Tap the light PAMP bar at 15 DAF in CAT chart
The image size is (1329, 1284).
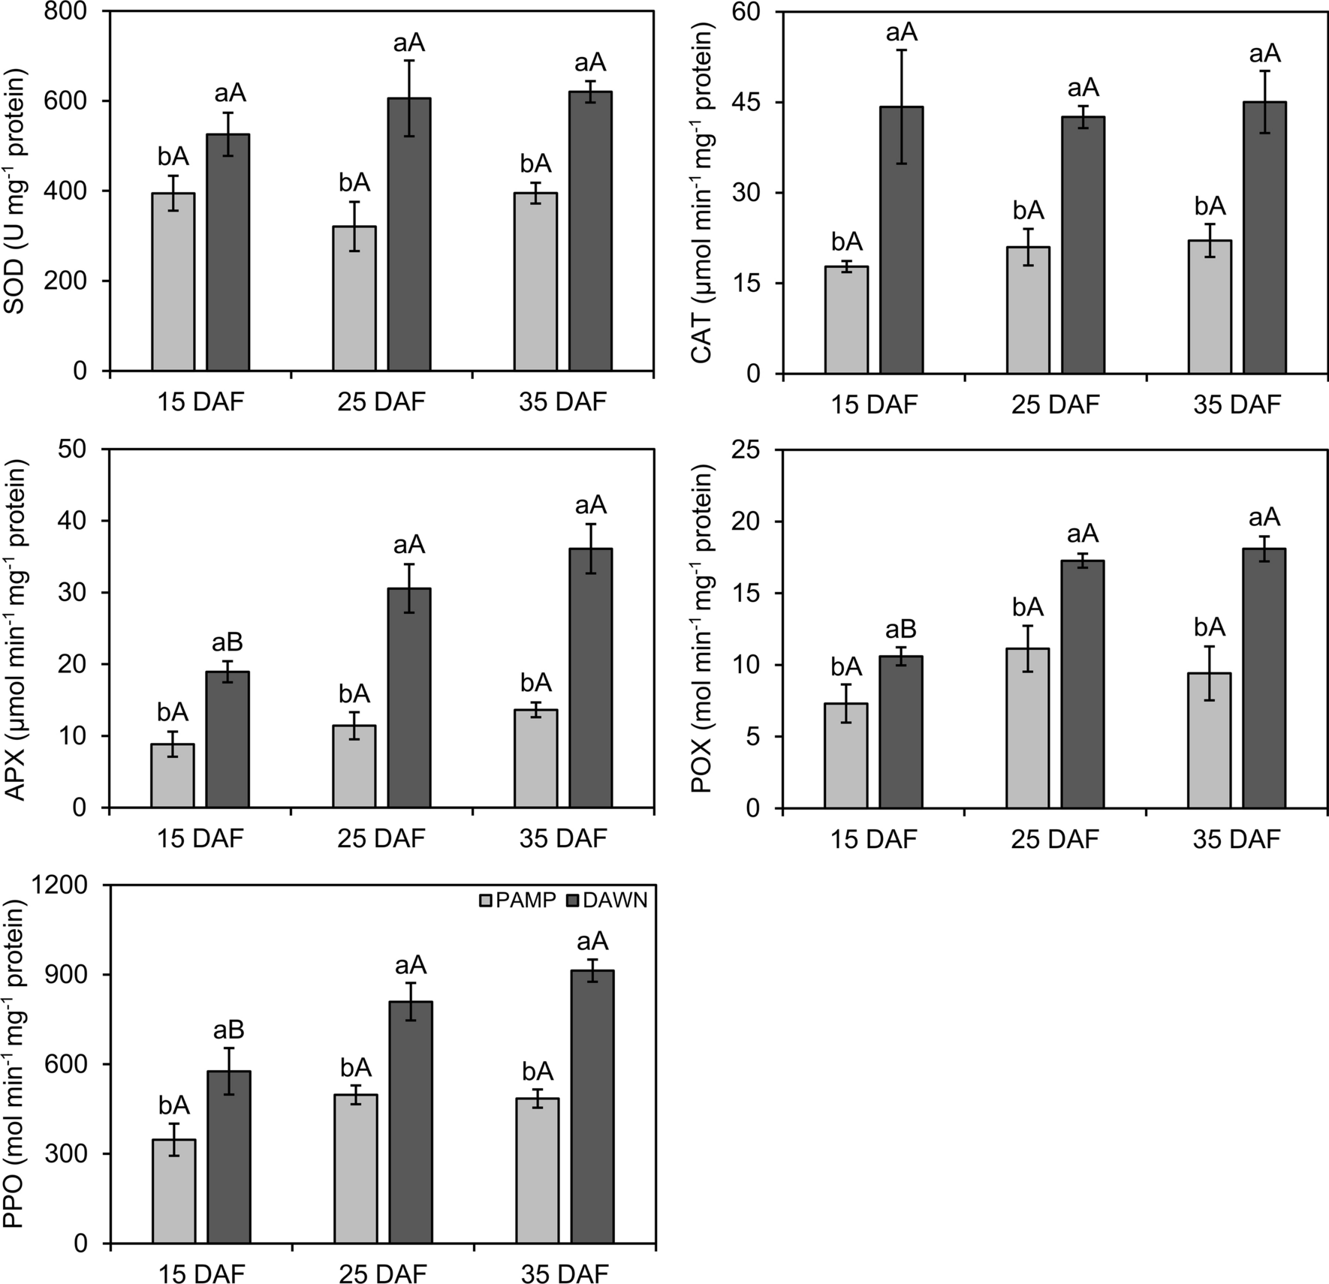pos(846,320)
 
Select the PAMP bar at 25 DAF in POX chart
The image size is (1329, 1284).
pos(1028,728)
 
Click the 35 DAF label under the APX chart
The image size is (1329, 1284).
pos(562,838)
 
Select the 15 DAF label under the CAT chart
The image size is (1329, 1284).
pos(873,405)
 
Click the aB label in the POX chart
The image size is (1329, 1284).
pos(901,630)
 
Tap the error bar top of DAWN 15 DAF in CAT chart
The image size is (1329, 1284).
pos(901,50)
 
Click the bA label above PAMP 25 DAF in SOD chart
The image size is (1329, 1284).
pos(354,182)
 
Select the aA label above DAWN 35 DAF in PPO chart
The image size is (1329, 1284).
pos(592,942)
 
